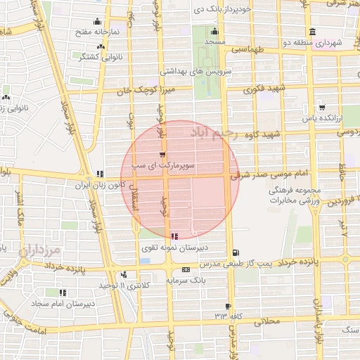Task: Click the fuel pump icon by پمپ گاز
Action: pyautogui.click(x=234, y=252)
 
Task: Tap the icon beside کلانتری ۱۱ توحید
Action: pyautogui.click(x=124, y=275)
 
